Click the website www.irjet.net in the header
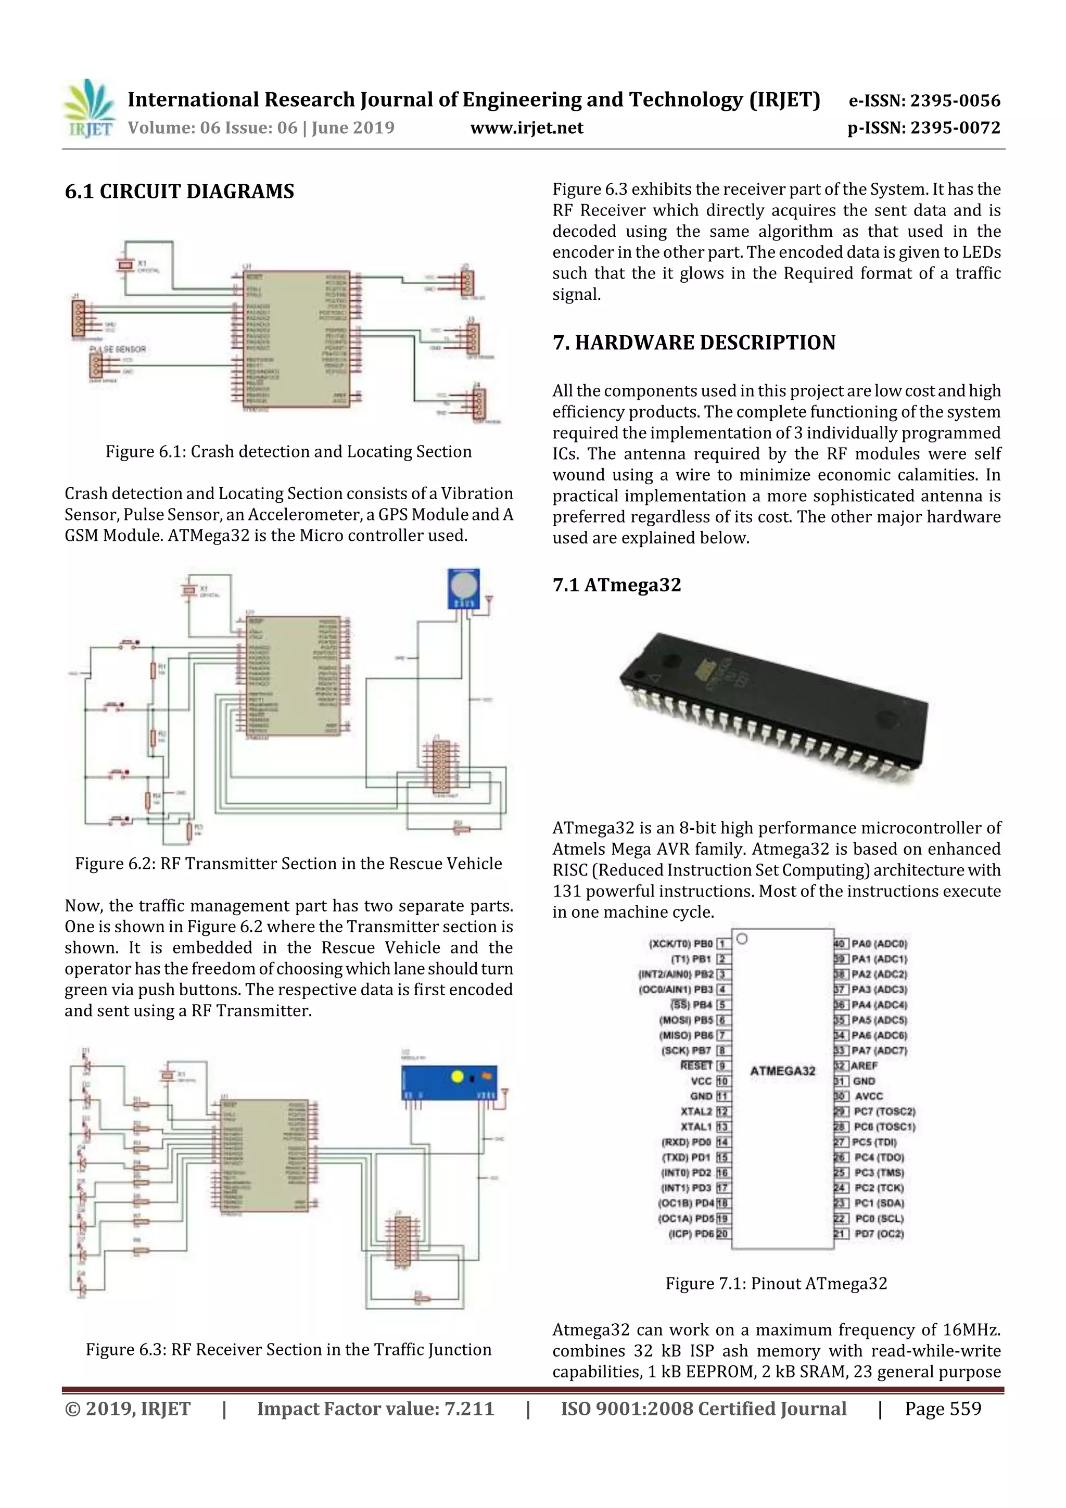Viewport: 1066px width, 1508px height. (x=526, y=128)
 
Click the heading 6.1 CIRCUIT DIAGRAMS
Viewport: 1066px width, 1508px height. (x=179, y=191)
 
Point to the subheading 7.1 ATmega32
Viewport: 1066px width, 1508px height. (x=616, y=585)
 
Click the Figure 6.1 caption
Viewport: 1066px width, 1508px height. (x=288, y=451)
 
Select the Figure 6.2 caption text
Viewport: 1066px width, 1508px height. (x=288, y=863)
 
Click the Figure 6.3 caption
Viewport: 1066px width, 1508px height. (x=288, y=1349)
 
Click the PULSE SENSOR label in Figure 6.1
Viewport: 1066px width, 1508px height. (x=118, y=349)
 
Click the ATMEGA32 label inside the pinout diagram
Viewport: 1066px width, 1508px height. (x=782, y=1071)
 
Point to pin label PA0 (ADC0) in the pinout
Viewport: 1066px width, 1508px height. (x=879, y=944)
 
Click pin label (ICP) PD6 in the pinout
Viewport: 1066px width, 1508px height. (x=690, y=1234)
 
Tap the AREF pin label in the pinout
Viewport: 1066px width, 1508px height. (x=865, y=1066)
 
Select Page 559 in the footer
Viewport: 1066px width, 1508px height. (x=943, y=1408)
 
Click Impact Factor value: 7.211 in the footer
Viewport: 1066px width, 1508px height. (x=375, y=1408)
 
